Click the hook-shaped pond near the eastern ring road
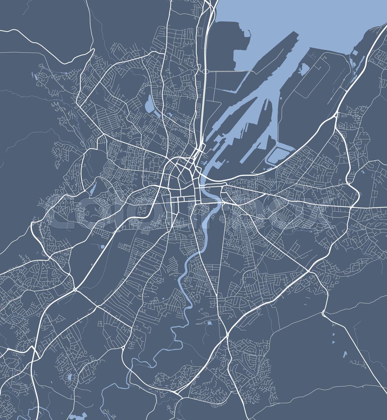point(362,172)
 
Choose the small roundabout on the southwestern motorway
point(75,290)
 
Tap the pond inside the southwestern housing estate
point(70,377)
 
